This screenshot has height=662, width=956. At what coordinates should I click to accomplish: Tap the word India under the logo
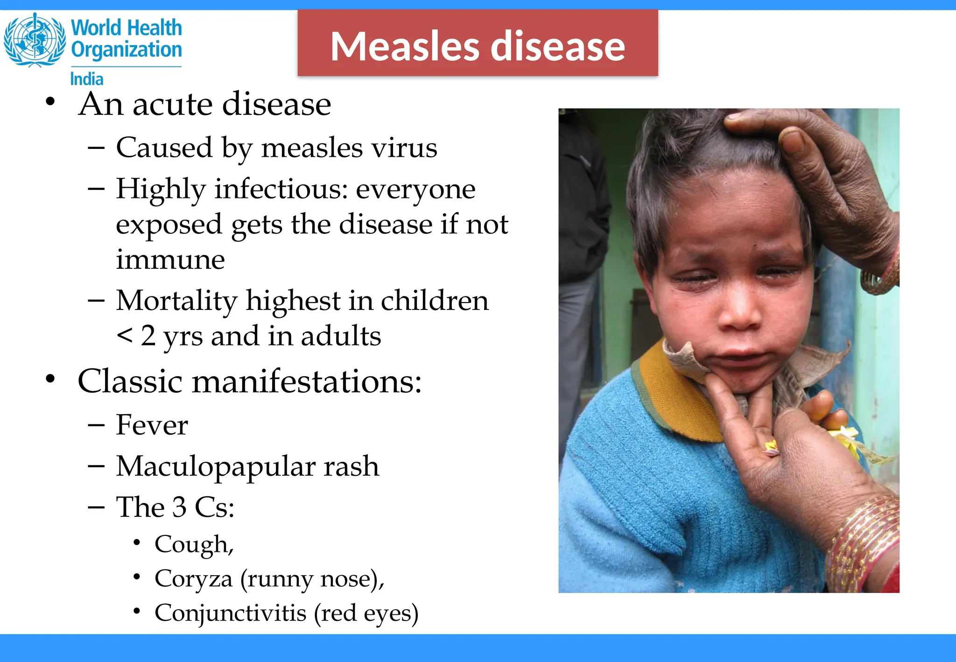point(87,79)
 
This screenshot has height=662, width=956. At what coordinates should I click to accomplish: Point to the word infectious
point(281,189)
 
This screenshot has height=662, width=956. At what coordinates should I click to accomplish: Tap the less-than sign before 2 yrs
point(125,335)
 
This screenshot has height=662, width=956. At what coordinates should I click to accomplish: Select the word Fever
point(152,425)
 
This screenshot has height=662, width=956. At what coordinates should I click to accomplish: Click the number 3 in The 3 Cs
point(179,507)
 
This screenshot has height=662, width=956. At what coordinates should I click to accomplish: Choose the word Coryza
point(193,579)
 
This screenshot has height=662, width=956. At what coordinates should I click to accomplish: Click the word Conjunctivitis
point(231,613)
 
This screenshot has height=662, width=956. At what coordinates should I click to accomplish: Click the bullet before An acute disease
point(50,102)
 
